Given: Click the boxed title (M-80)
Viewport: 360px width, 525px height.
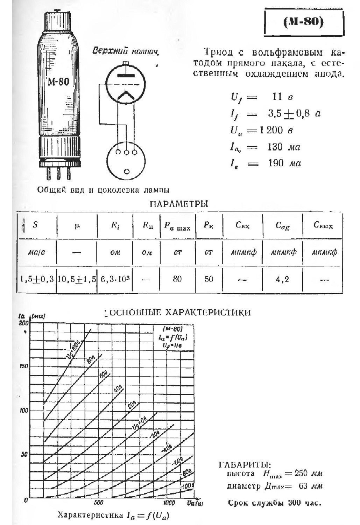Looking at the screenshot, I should coord(303,22).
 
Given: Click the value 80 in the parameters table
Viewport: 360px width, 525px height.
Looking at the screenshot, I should coord(177,279).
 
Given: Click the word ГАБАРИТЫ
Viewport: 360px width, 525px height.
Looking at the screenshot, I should coord(245,465).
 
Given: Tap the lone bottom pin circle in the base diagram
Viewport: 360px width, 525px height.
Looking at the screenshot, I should coord(127,171).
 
